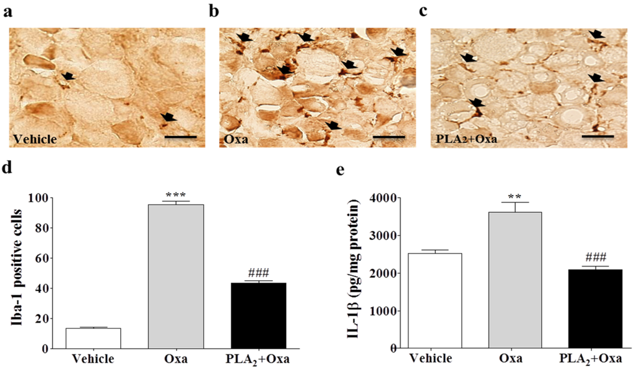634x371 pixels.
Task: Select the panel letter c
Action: [423, 11]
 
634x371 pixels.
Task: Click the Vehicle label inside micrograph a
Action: [35, 140]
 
